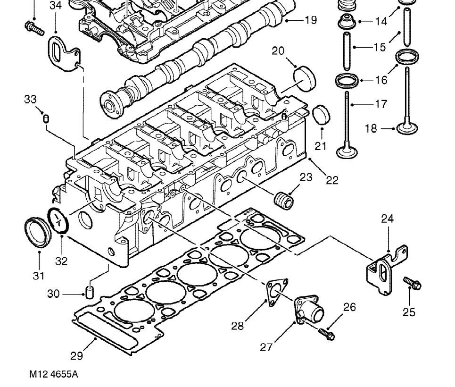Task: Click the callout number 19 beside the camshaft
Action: (311, 20)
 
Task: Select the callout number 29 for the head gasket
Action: (77, 356)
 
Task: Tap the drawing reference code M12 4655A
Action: (54, 374)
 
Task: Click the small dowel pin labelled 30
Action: (90, 292)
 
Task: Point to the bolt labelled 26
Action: (327, 334)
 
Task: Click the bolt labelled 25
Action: (412, 283)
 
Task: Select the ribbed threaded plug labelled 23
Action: (284, 201)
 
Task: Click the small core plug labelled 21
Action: (321, 115)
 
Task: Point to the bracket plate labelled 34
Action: (63, 53)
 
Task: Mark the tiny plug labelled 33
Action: (46, 118)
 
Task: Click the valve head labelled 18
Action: (407, 128)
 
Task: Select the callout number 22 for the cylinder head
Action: (332, 180)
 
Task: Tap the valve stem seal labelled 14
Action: (347, 22)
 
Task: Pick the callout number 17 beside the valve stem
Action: (381, 104)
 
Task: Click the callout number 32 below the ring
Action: (61, 261)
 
